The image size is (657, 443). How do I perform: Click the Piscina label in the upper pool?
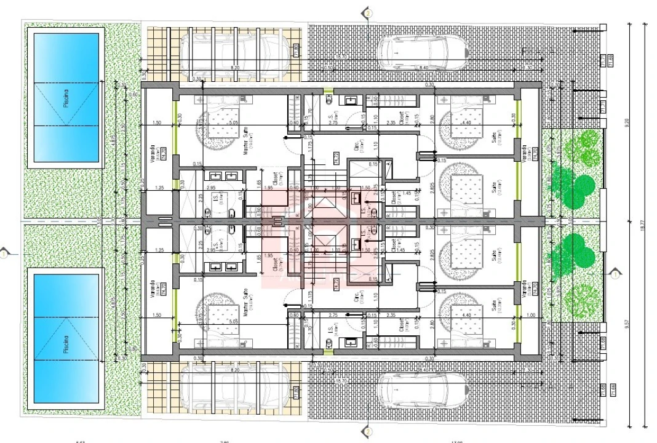[x=66, y=98]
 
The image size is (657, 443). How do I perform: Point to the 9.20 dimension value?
[x=627, y=122]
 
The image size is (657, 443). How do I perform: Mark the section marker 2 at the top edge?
[x=367, y=12]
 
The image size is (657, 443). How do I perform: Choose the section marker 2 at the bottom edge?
[x=367, y=432]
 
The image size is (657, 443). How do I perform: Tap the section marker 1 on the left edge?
[x=4, y=252]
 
